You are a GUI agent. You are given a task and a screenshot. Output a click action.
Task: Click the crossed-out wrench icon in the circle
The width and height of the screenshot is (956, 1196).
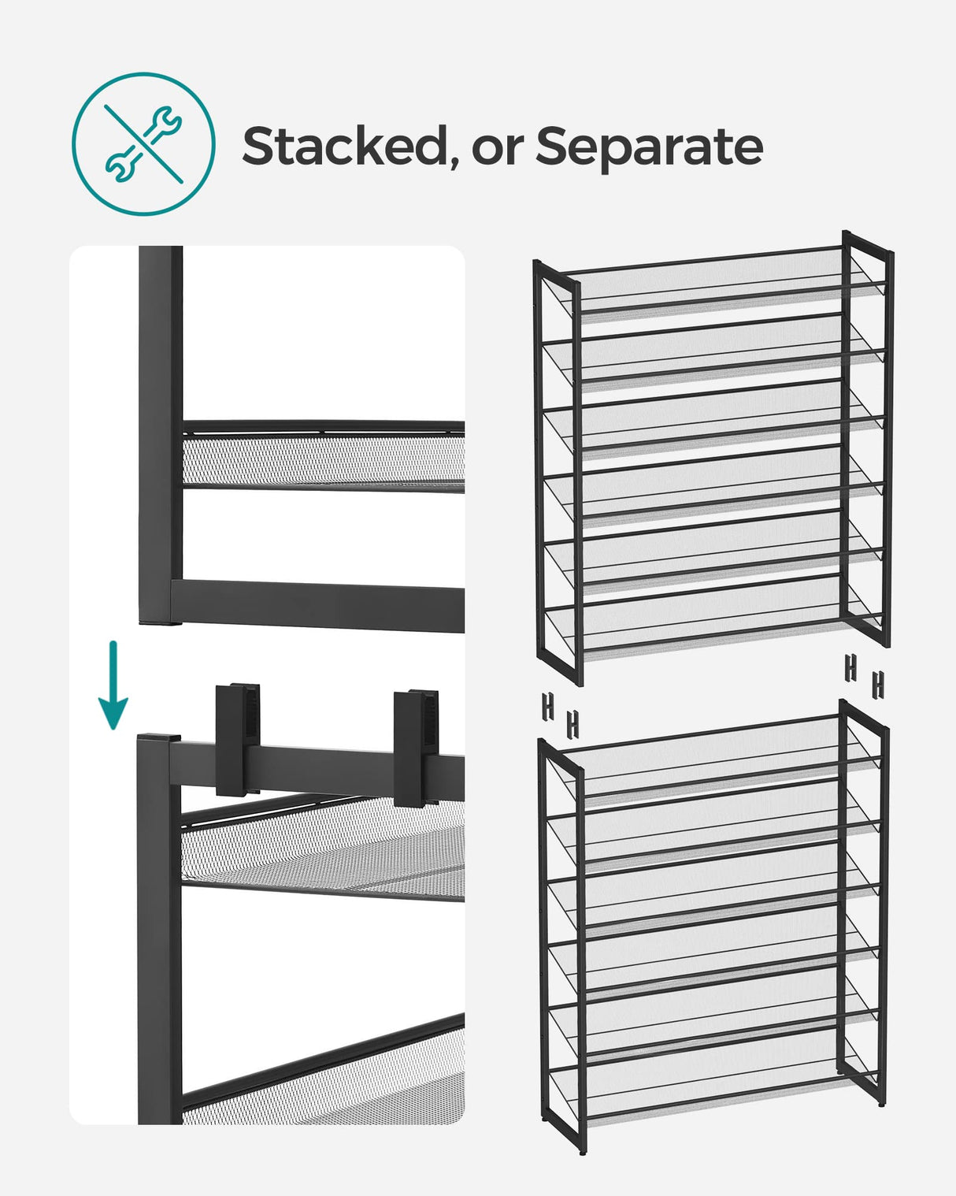pos(143,144)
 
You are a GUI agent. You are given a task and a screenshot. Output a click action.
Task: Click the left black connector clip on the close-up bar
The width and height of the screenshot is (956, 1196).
pos(238,737)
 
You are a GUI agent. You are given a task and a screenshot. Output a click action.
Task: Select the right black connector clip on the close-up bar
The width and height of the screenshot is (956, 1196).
pos(417,747)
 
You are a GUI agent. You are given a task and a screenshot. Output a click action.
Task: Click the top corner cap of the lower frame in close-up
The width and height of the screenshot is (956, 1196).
pos(157,740)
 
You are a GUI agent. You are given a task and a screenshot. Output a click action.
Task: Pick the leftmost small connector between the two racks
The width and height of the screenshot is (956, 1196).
pos(547,707)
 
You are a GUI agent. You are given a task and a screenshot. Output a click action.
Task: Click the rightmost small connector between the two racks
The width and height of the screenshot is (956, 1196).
pos(877,684)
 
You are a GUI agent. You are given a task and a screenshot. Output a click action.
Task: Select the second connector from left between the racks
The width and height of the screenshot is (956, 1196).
pos(572,723)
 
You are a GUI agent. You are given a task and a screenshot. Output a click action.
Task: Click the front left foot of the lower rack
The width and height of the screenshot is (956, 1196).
pos(582,1150)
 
